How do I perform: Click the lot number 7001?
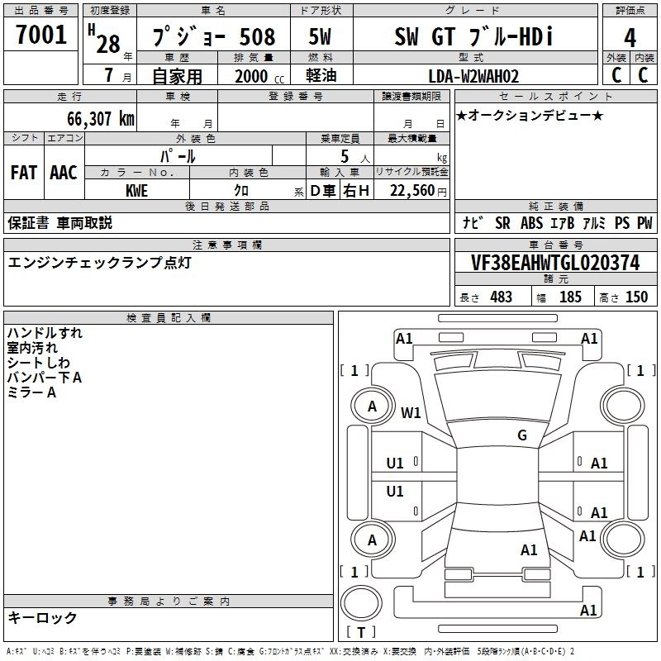(x=41, y=35)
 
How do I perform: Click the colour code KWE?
(x=137, y=189)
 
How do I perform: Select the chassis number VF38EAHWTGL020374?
(x=555, y=263)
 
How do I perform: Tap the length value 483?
(x=501, y=297)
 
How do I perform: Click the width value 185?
(x=570, y=297)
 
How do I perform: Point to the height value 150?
(x=636, y=297)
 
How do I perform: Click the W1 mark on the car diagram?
(x=411, y=411)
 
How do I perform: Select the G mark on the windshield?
(x=522, y=435)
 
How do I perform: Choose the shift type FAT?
(x=23, y=173)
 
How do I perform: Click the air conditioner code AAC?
(x=63, y=173)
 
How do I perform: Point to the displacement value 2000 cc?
(x=258, y=76)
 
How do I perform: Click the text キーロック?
(x=42, y=617)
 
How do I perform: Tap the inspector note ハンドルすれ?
(x=45, y=333)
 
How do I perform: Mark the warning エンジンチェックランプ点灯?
(x=100, y=262)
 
